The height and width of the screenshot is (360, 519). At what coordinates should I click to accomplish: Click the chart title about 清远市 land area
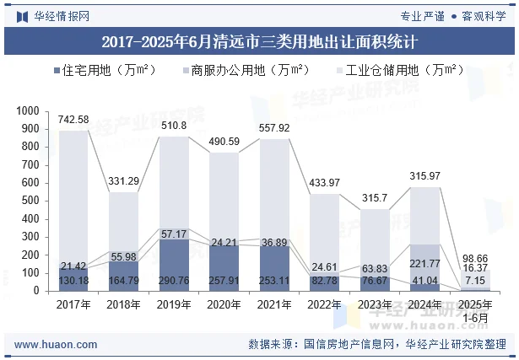[x=259, y=40]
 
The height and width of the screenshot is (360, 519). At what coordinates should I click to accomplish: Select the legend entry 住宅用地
[x=100, y=70]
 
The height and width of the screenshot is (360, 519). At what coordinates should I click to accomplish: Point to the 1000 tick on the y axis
[x=28, y=110]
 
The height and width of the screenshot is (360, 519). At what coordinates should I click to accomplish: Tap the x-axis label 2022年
[x=324, y=304]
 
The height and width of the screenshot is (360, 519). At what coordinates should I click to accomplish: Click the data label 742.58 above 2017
[x=73, y=121]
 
